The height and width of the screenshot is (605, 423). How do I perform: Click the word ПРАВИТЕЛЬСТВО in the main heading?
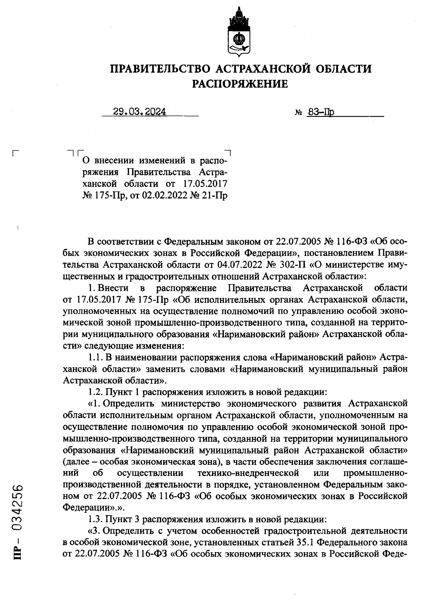(x=159, y=68)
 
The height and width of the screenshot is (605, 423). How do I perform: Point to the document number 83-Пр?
(x=321, y=112)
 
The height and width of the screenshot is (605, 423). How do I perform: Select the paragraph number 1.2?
(x=95, y=392)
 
